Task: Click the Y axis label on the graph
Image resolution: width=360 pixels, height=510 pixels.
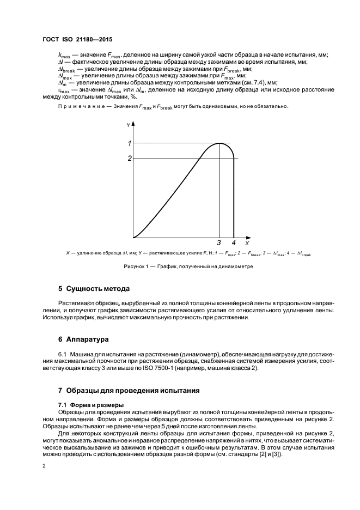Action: click(x=129, y=125)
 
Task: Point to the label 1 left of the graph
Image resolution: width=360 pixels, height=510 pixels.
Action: click(x=130, y=143)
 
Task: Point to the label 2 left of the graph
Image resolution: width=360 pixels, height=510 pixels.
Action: click(x=130, y=159)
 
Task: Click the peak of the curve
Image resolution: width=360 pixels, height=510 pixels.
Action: click(x=218, y=143)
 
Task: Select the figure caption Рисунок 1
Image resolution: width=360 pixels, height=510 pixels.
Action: click(x=180, y=266)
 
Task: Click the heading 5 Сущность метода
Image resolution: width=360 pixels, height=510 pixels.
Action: click(x=94, y=288)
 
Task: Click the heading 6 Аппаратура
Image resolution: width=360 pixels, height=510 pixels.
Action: click(x=84, y=339)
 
